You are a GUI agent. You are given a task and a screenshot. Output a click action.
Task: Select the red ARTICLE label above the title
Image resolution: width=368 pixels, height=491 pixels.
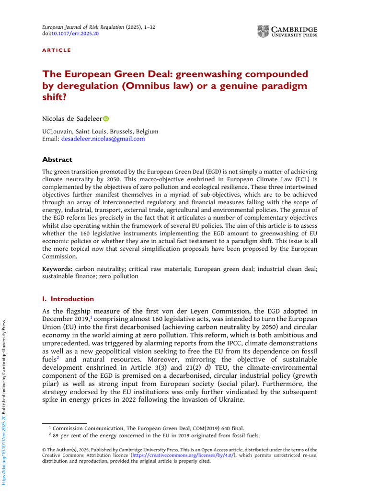(57, 50)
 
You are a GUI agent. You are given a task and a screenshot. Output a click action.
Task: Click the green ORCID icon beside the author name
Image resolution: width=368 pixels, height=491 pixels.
(106, 118)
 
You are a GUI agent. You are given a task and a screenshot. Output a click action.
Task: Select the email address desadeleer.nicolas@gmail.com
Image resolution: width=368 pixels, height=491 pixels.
(103, 139)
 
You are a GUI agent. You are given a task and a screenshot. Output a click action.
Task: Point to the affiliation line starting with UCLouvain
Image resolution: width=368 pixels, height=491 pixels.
(100, 131)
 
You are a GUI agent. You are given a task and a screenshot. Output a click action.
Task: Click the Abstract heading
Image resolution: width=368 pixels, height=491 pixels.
(57, 160)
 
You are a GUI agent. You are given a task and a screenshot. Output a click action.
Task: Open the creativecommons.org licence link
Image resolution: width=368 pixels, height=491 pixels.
(193, 456)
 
